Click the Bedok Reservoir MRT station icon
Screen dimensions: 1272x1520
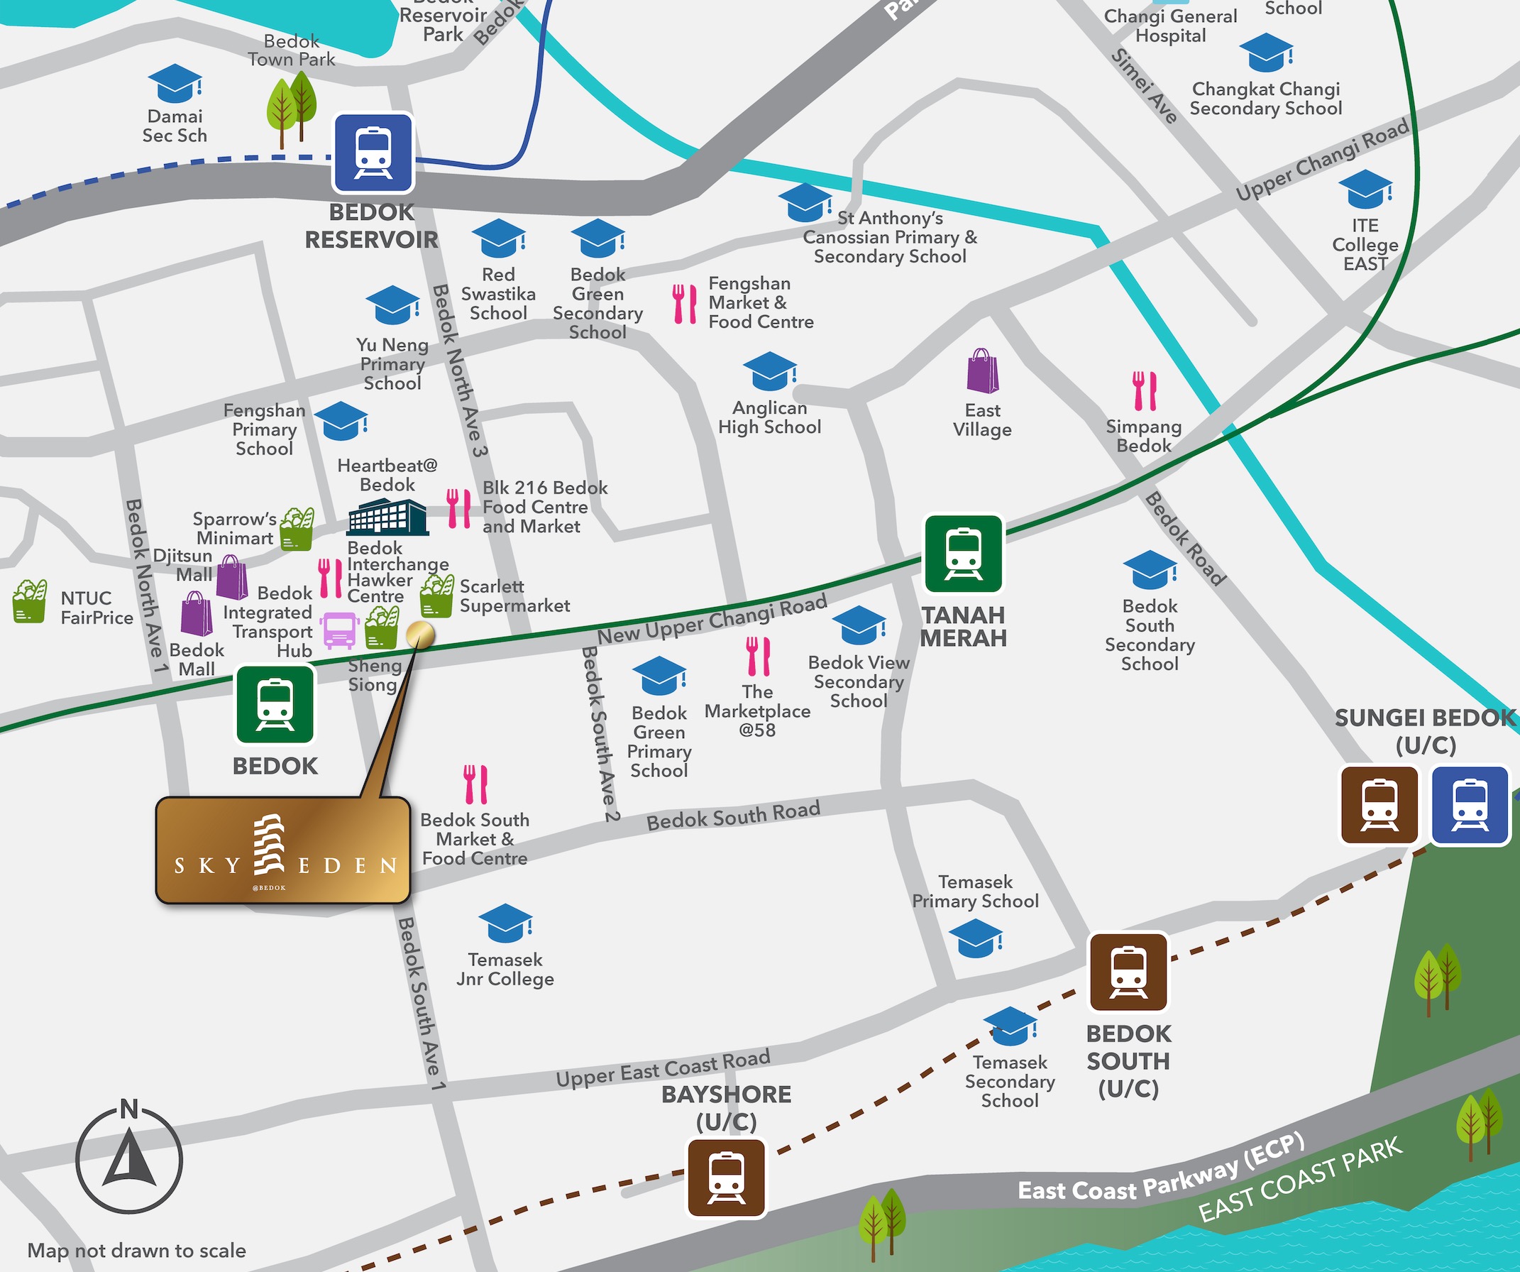373,153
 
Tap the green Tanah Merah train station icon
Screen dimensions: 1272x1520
964,554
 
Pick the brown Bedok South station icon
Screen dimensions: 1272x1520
1128,972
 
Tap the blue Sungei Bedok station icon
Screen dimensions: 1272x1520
1470,806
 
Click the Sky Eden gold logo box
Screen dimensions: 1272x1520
283,850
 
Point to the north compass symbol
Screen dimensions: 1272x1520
129,1159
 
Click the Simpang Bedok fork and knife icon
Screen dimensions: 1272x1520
1145,391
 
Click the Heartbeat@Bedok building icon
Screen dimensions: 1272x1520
387,517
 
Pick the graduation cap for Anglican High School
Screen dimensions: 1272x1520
770,371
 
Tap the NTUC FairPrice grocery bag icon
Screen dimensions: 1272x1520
30,601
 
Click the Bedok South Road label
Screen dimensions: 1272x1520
733,815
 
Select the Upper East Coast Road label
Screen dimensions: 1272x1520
662,1068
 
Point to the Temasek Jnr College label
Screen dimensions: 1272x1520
505,970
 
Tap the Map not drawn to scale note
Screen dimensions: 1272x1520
137,1250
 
